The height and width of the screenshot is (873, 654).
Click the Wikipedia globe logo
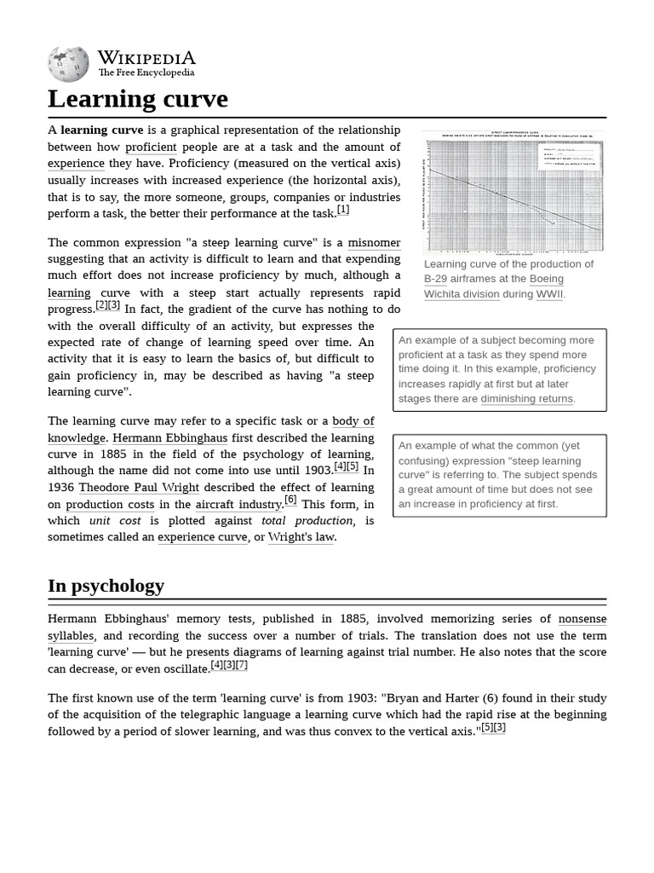pos(68,63)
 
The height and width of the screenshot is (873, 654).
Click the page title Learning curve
pos(138,99)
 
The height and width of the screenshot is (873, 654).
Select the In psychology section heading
pos(106,586)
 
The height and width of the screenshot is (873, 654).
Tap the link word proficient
pos(151,147)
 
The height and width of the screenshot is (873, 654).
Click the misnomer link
pos(374,243)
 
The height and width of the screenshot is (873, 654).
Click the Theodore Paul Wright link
pos(139,488)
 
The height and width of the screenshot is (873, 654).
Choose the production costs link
pos(110,505)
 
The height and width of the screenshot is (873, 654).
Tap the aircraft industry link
pos(238,505)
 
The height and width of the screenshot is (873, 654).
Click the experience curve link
pos(202,537)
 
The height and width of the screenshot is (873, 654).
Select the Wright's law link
pos(301,537)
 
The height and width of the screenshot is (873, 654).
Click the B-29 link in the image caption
pos(435,279)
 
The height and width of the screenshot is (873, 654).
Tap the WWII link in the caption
pos(549,294)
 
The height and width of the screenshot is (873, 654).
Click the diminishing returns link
pos(527,399)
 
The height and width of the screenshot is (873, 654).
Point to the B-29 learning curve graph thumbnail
pos(514,192)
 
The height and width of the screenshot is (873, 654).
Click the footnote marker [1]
pos(343,210)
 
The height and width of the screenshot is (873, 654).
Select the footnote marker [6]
pos(290,500)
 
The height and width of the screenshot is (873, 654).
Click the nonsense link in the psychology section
pos(582,619)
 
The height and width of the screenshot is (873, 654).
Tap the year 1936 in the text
pos(61,488)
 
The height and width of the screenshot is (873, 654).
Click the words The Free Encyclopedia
pos(146,73)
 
